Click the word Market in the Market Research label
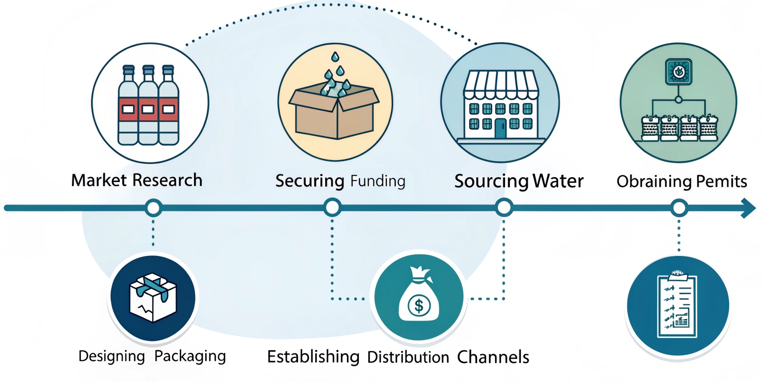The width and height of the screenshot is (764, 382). pyautogui.click(x=99, y=180)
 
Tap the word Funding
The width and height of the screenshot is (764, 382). pyautogui.click(x=378, y=181)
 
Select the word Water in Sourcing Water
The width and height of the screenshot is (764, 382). pyautogui.click(x=558, y=181)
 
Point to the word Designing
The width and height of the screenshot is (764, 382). pyautogui.click(x=112, y=356)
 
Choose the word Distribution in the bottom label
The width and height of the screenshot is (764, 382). pyautogui.click(x=408, y=357)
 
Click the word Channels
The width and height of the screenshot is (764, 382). pyautogui.click(x=493, y=357)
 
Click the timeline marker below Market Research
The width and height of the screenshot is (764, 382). pyautogui.click(x=153, y=208)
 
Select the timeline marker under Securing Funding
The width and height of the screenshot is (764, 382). pyautogui.click(x=333, y=208)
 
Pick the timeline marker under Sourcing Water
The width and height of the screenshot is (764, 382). pyautogui.click(x=504, y=208)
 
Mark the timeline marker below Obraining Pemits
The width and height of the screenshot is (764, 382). pyautogui.click(x=679, y=208)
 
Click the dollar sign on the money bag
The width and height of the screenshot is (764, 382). pyautogui.click(x=419, y=305)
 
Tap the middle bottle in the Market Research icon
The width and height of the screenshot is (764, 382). pyautogui.click(x=148, y=106)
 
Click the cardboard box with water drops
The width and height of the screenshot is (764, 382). pyautogui.click(x=334, y=112)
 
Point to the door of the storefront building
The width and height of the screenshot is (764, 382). pyautogui.click(x=500, y=128)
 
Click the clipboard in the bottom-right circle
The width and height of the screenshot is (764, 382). pyautogui.click(x=677, y=307)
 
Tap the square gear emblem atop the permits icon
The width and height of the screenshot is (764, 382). pyautogui.click(x=679, y=71)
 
